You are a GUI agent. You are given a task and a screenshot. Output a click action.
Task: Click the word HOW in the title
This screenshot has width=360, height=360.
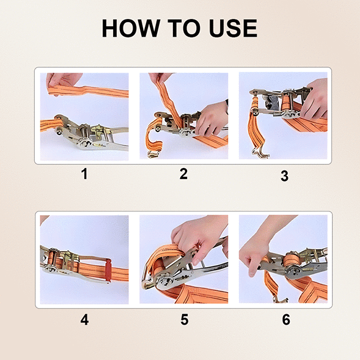[x=131, y=28]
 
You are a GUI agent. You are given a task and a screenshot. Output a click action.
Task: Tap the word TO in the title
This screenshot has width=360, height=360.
[x=185, y=28]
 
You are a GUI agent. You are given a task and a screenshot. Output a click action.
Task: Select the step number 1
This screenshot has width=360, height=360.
[x=84, y=174]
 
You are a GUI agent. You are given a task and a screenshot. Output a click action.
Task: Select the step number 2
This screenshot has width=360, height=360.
[x=183, y=174]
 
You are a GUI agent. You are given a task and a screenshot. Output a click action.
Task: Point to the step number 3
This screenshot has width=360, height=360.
[x=284, y=176]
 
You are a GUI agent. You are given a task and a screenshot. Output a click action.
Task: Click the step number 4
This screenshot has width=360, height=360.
[x=84, y=320]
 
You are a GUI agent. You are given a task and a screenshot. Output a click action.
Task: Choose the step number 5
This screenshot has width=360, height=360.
[x=185, y=320]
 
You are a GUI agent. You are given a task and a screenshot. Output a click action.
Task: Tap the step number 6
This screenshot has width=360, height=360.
[x=286, y=320]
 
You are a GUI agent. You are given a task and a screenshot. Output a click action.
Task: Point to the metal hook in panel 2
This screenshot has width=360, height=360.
[x=154, y=153]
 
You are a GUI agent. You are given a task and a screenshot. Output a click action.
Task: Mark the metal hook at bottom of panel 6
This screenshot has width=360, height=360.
[x=280, y=299]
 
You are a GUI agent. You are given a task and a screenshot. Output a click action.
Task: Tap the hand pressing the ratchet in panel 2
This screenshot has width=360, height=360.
[x=212, y=118]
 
